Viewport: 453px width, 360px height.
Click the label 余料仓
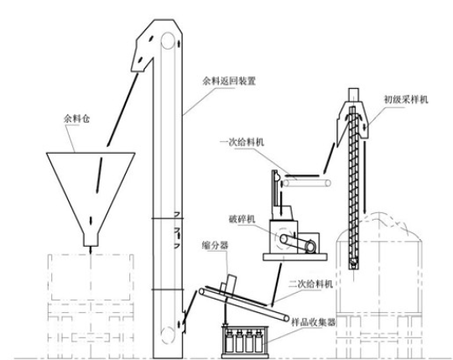click(x=76, y=118)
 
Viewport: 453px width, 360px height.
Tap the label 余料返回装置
click(x=229, y=81)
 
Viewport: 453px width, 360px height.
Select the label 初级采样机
click(x=406, y=100)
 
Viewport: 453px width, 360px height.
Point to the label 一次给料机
click(x=242, y=142)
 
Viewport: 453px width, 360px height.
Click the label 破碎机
click(x=242, y=219)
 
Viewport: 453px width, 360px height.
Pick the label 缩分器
click(x=216, y=246)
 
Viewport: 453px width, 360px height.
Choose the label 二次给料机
click(x=311, y=284)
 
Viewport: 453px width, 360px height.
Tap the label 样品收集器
click(x=314, y=322)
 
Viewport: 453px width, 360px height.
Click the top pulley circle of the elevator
click(x=168, y=41)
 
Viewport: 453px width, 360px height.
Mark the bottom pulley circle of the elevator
click(x=168, y=335)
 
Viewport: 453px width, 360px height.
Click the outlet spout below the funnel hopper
click(x=91, y=239)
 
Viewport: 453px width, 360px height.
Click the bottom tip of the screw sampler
click(x=353, y=269)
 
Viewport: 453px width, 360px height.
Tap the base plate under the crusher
click(x=295, y=257)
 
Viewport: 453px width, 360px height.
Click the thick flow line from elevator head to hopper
click(x=122, y=110)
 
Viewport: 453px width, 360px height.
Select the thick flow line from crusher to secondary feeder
click(x=276, y=284)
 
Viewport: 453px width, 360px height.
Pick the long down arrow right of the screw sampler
click(x=365, y=176)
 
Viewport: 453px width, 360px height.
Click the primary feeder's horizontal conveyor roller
click(x=306, y=183)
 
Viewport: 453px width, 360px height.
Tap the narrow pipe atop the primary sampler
click(x=354, y=95)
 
